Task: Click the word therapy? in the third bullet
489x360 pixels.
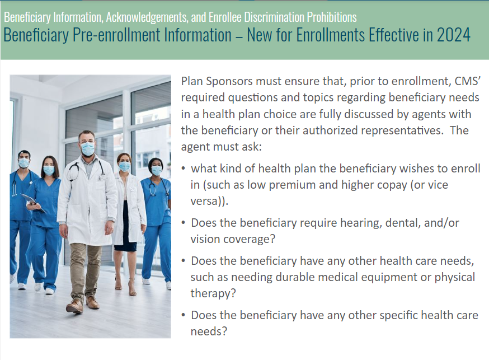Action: pyautogui.click(x=213, y=293)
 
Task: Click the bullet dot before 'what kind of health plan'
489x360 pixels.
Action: pyautogui.click(x=184, y=169)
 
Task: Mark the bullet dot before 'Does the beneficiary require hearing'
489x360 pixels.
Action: pyautogui.click(x=184, y=223)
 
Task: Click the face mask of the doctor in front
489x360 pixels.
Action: pyautogui.click(x=88, y=148)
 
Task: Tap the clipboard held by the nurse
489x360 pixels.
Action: pyautogui.click(x=32, y=203)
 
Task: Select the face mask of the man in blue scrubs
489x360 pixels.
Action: pyautogui.click(x=24, y=163)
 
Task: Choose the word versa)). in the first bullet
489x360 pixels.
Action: pyautogui.click(x=209, y=201)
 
